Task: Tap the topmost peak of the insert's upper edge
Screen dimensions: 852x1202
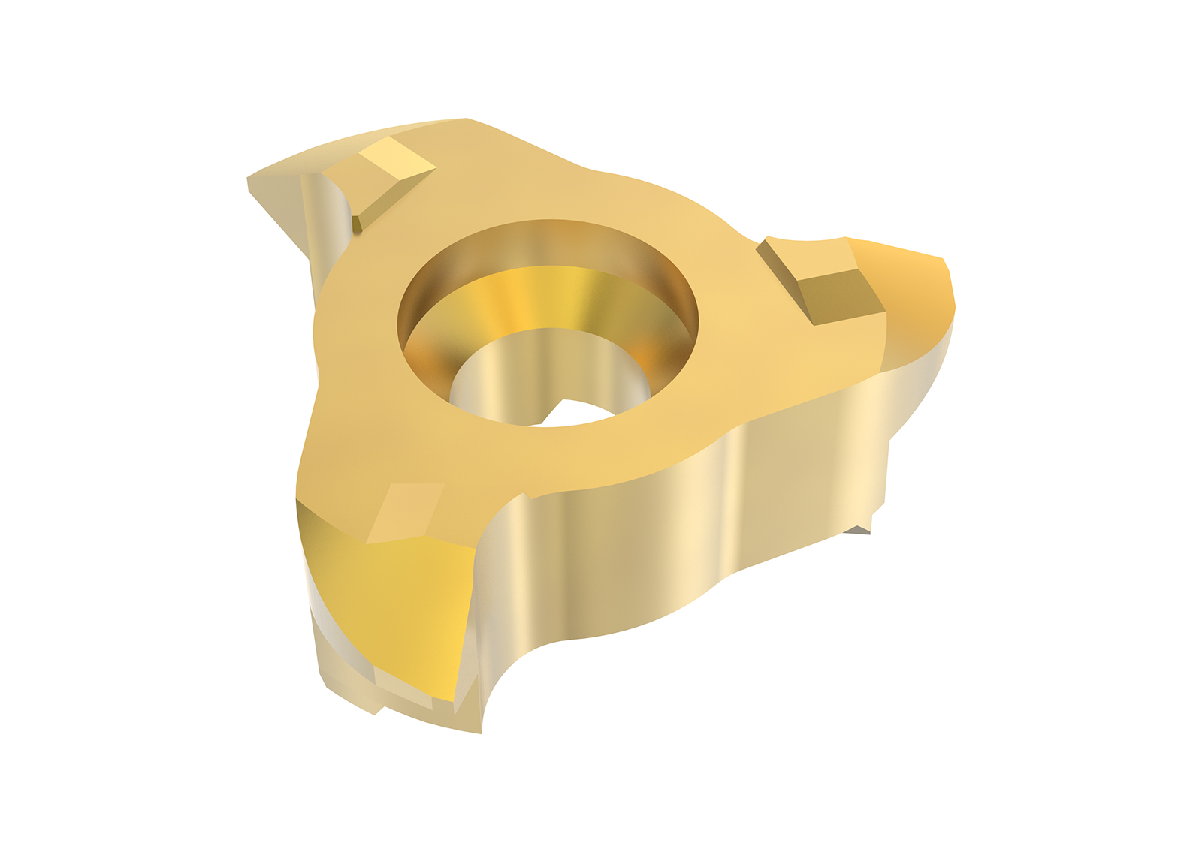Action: (466, 120)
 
